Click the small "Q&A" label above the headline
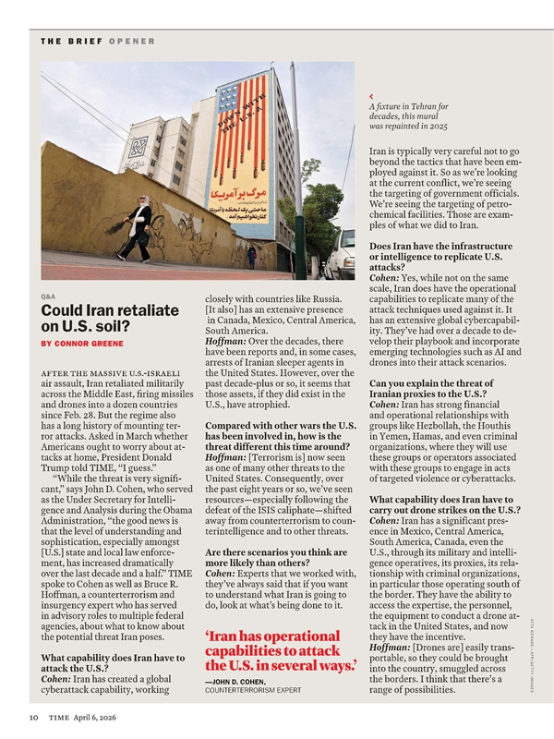tap(48, 296)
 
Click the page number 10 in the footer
tap(33, 716)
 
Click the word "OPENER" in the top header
tap(131, 42)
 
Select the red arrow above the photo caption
tap(370, 96)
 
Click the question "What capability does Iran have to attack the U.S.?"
tap(108, 663)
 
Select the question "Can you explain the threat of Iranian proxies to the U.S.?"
tap(439, 390)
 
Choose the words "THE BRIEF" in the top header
tap(71, 42)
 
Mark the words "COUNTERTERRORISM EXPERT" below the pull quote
tap(252, 691)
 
